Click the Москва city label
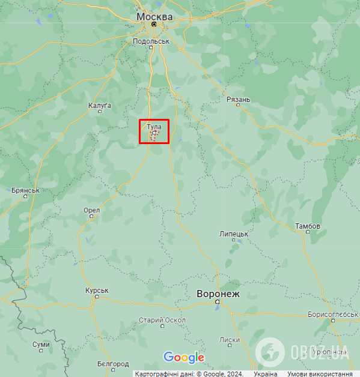click(154, 16)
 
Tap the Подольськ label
click(151, 41)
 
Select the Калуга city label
click(100, 106)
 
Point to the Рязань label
click(239, 99)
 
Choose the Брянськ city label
click(25, 190)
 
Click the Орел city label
click(92, 211)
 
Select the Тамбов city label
click(308, 226)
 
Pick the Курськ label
click(96, 291)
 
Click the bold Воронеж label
click(218, 294)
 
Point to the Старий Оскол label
click(162, 320)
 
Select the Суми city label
click(41, 345)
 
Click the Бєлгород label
click(113, 364)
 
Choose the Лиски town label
click(230, 340)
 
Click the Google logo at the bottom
click(184, 358)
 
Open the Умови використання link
click(320, 373)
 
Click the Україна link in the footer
click(266, 373)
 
